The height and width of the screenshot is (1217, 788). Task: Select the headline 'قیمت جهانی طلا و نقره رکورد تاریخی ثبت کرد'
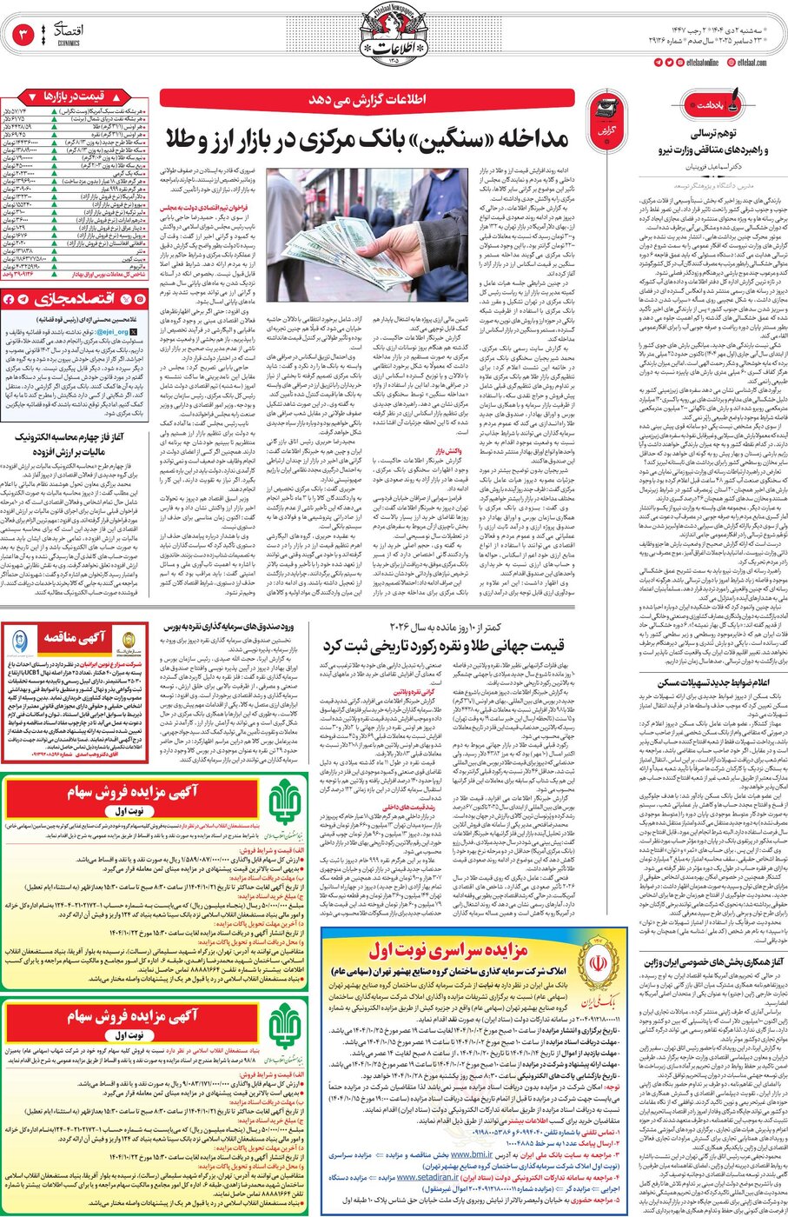[x=443, y=645]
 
